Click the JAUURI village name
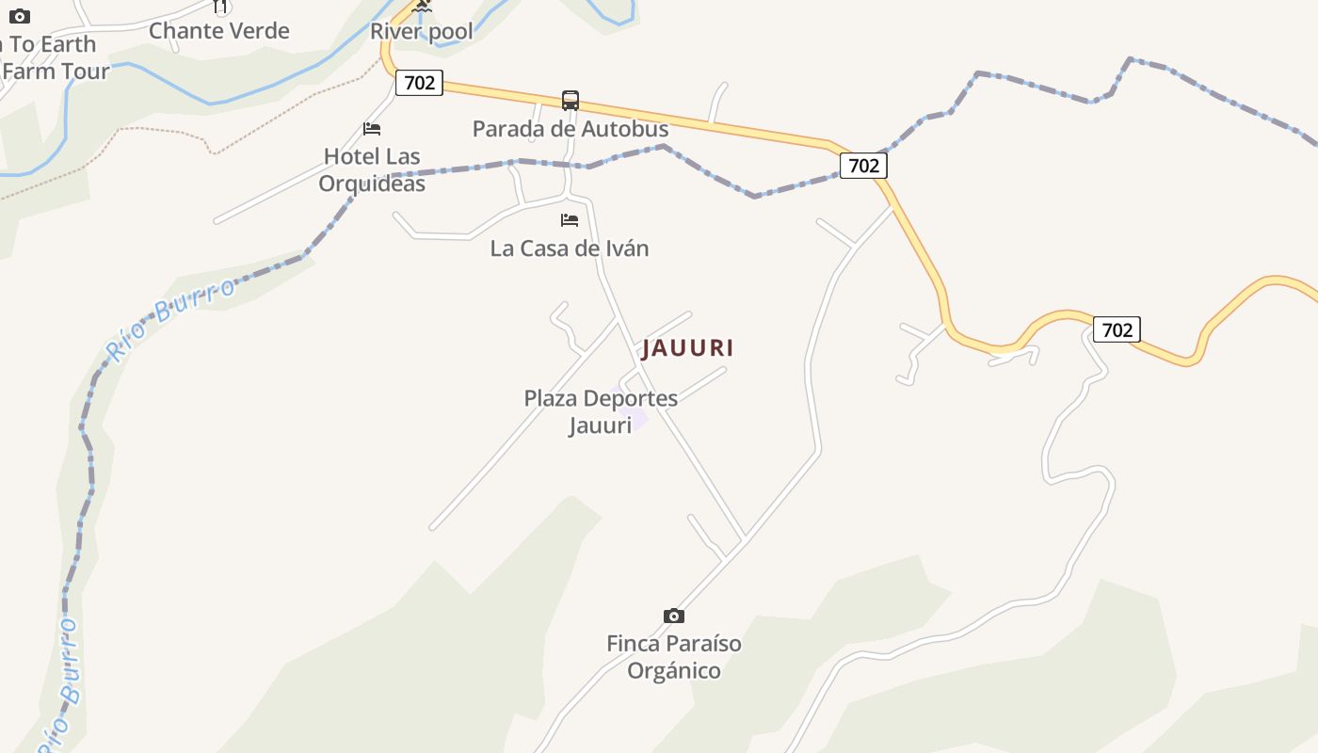click(687, 348)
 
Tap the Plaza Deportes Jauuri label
click(601, 411)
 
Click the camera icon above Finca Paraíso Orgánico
click(674, 616)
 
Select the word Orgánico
click(674, 671)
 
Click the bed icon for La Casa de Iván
click(570, 220)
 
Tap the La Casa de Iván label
click(570, 248)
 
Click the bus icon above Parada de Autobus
click(571, 101)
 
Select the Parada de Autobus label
click(571, 129)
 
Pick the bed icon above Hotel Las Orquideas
click(372, 129)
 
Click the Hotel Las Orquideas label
click(372, 169)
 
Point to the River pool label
click(421, 31)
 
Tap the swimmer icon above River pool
click(422, 7)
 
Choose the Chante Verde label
click(219, 30)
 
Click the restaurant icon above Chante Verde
click(220, 7)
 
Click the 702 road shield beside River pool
click(419, 83)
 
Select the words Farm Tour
click(56, 71)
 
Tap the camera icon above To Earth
click(20, 16)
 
